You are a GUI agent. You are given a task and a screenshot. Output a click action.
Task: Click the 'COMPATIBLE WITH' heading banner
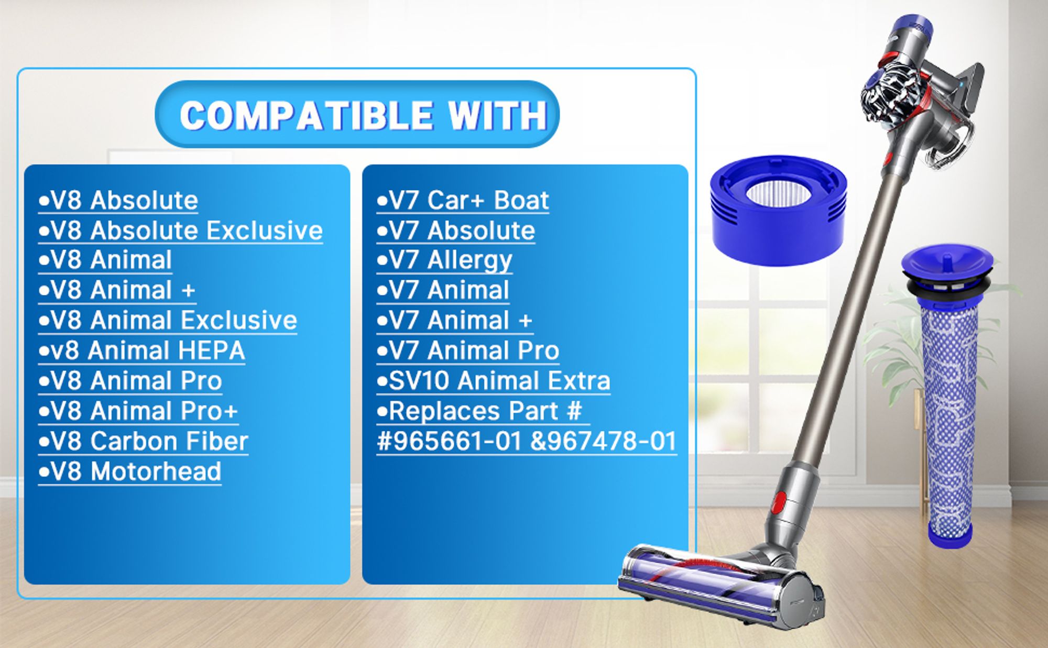point(357,114)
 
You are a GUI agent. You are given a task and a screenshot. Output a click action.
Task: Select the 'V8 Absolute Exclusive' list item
point(181,230)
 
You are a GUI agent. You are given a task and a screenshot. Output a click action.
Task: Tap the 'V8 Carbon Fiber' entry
point(143,441)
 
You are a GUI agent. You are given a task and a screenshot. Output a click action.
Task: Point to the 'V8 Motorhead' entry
point(130,471)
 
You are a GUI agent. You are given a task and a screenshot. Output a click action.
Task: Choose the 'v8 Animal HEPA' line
point(141,350)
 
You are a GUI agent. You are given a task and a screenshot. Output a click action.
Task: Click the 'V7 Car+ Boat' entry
point(463,200)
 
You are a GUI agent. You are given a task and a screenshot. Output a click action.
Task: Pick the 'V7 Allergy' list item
point(444,260)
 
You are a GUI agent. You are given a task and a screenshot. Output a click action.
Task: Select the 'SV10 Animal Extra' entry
point(493,381)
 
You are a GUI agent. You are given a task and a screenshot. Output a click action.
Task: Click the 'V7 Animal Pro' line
point(468,350)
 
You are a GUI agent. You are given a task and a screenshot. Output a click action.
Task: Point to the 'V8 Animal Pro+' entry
point(138,411)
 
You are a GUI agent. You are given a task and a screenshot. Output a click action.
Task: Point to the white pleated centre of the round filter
point(779,193)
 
